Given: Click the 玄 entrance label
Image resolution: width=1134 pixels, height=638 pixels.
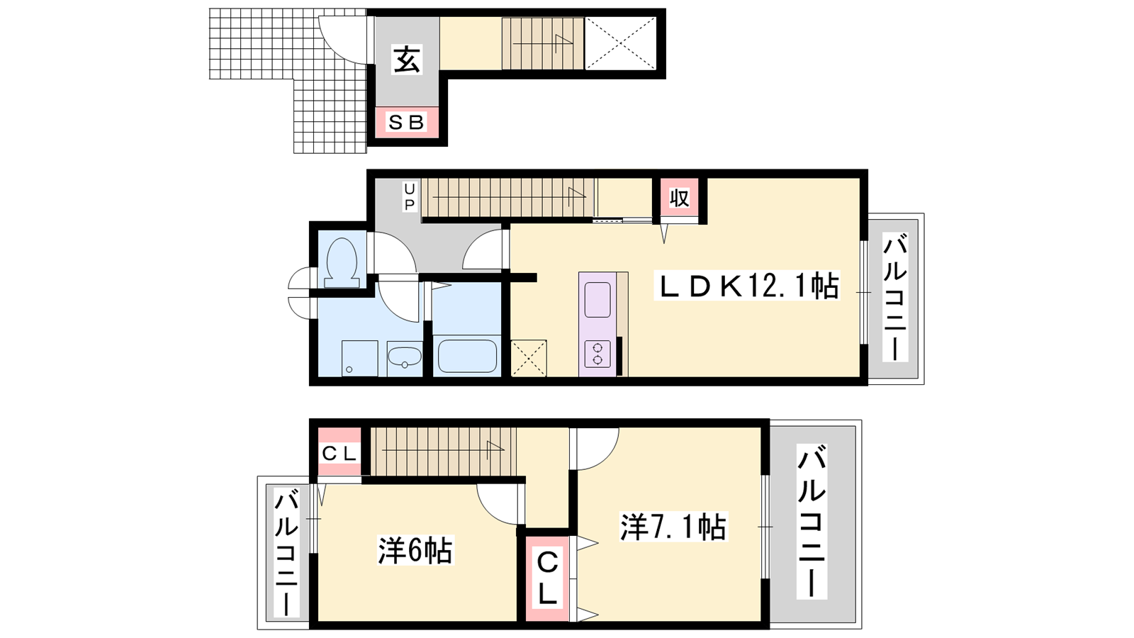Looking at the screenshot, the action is [x=407, y=60].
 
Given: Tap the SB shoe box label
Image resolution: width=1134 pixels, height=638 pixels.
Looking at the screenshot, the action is [x=406, y=122].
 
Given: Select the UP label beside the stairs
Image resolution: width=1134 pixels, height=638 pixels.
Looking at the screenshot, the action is [x=409, y=196].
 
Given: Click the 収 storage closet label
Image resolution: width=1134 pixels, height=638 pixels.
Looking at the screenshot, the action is [x=679, y=198].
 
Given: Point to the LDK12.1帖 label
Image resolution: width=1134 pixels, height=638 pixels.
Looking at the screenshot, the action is [x=747, y=286].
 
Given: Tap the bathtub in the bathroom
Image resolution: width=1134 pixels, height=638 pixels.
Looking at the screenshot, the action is [x=467, y=356].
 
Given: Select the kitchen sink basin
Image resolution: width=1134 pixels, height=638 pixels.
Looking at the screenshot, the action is [x=597, y=300].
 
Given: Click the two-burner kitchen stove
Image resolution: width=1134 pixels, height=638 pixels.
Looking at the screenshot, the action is [x=597, y=354].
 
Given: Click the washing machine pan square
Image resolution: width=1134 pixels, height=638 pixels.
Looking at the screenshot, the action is [x=359, y=359].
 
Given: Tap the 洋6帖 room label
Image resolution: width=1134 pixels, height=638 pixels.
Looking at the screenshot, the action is [x=415, y=550].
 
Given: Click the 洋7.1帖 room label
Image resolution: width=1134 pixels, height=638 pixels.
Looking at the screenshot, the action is [x=674, y=527].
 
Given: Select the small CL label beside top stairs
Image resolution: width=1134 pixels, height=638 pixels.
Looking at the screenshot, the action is [x=339, y=454].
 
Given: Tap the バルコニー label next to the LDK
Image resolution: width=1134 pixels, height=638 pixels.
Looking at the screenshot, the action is [x=894, y=297].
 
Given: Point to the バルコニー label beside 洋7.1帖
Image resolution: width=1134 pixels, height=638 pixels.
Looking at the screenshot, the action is [x=812, y=521].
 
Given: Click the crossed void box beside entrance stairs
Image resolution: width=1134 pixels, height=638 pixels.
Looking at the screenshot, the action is [x=621, y=43].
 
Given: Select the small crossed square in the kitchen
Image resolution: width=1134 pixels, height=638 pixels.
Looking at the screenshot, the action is [x=529, y=359].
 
